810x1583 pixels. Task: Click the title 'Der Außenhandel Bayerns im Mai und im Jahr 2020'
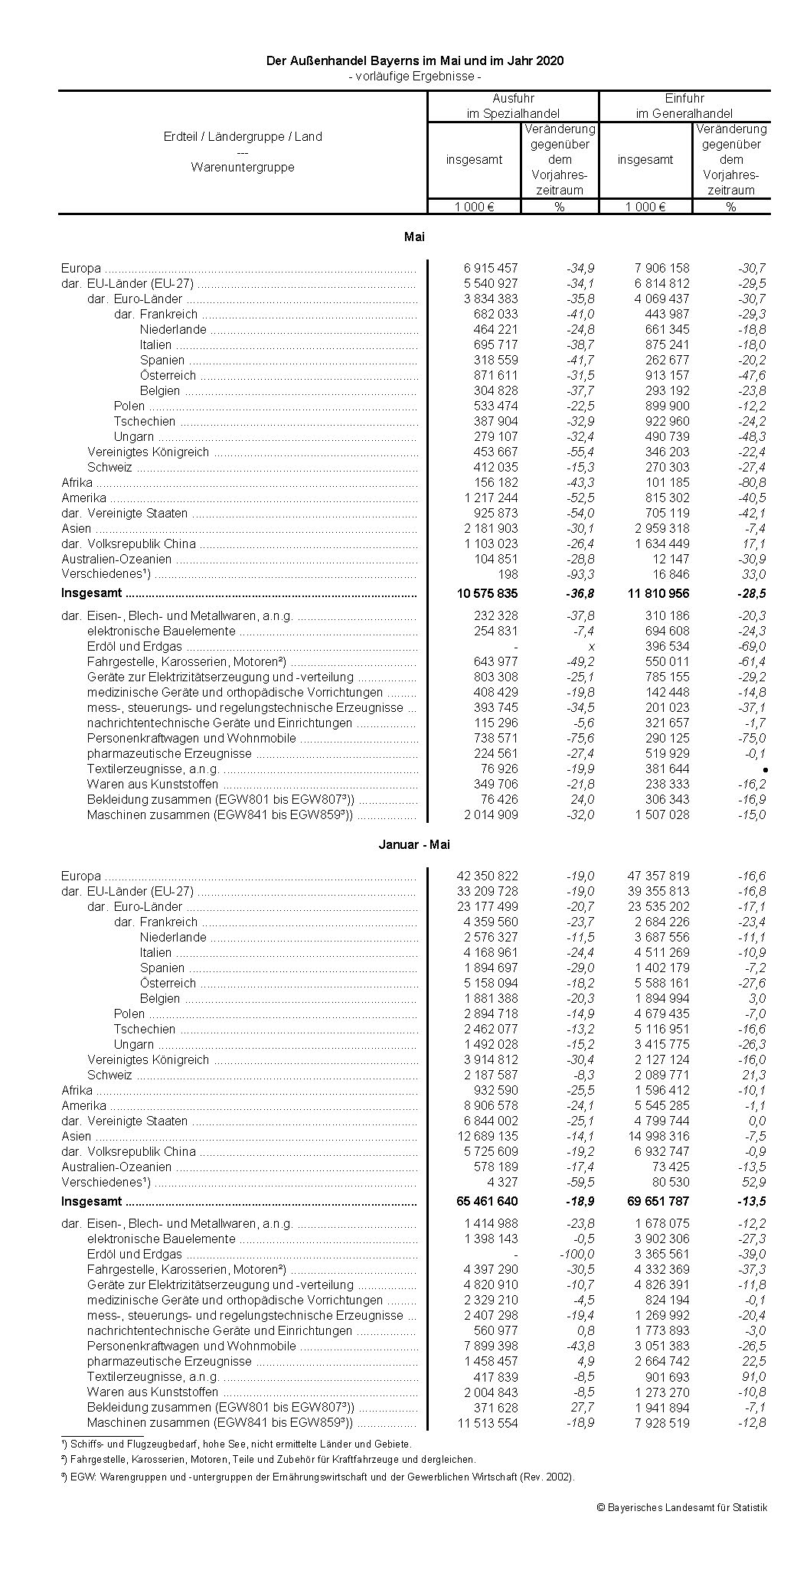click(414, 60)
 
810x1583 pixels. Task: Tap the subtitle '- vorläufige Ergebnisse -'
click(414, 76)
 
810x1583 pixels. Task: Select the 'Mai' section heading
click(414, 237)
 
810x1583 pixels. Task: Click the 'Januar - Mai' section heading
click(414, 844)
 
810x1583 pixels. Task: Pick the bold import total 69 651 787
click(658, 1201)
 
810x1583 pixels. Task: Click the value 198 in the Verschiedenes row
click(508, 574)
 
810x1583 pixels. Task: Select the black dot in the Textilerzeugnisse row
click(765, 769)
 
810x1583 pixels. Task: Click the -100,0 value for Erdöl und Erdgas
click(576, 1254)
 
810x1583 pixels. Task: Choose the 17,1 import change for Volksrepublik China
click(753, 543)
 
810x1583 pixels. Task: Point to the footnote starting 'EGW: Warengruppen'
click(319, 1477)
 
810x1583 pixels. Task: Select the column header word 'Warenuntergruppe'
click(243, 167)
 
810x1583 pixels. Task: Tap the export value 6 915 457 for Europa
click(490, 268)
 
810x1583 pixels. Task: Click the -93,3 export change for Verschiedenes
click(580, 574)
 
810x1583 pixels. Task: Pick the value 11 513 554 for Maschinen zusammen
click(486, 1422)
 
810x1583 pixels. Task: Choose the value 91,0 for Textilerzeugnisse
click(753, 1376)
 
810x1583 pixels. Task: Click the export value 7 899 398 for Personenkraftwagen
click(490, 1346)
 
